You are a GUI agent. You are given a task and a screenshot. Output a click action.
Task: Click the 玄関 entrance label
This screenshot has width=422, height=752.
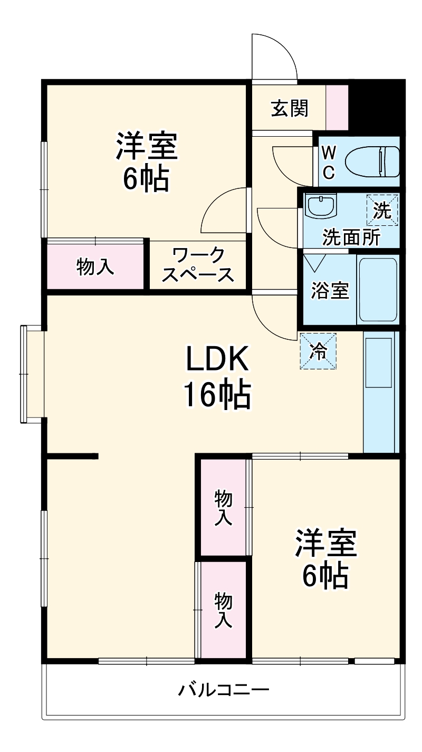(x=290, y=109)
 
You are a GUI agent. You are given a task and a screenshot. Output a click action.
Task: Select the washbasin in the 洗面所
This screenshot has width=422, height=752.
(x=322, y=206)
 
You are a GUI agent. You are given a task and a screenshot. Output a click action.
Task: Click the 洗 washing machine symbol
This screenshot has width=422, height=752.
(x=382, y=210)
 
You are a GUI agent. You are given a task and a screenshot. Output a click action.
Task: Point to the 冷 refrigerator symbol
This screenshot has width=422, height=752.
(x=318, y=350)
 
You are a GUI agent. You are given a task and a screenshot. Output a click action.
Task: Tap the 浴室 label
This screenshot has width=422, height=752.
(x=330, y=291)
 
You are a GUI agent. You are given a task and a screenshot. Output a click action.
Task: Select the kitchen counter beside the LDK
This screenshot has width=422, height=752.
(x=379, y=391)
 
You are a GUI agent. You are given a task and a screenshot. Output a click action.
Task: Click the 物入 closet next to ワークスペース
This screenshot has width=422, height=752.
(x=95, y=266)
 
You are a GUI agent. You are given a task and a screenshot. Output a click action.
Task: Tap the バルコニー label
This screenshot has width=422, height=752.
(x=223, y=690)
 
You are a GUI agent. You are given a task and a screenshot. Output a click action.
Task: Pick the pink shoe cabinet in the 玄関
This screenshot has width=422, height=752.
(x=337, y=108)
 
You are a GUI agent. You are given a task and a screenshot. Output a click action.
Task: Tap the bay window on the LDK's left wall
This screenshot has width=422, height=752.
(x=32, y=374)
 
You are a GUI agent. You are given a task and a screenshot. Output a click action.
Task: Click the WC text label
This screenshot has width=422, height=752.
(x=328, y=162)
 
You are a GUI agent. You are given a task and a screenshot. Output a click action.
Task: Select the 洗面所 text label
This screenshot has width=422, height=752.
(x=351, y=238)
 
